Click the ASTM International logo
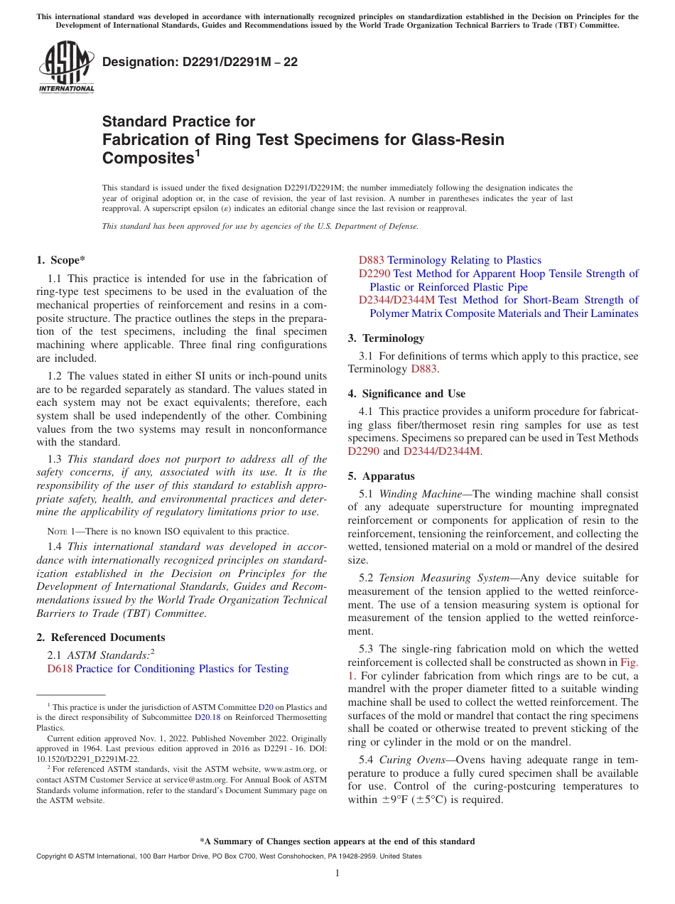(x=65, y=68)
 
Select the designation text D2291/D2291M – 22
(x=200, y=63)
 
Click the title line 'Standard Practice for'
(x=178, y=122)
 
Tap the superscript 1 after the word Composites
(x=198, y=153)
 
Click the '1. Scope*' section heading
(x=61, y=260)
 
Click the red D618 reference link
(x=60, y=669)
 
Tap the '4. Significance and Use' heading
(x=406, y=394)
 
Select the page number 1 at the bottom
(x=337, y=873)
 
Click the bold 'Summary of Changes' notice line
(x=337, y=841)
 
